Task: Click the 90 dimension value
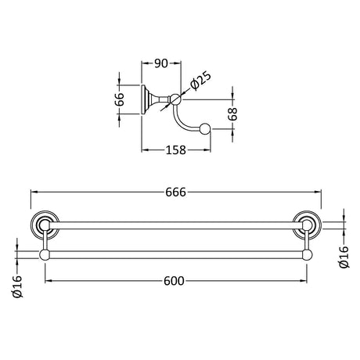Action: pyautogui.click(x=161, y=63)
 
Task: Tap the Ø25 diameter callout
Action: pyautogui.click(x=200, y=81)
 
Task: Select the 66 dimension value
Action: pyautogui.click(x=120, y=99)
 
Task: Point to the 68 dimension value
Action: pyautogui.click(x=232, y=114)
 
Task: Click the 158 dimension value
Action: pyautogui.click(x=176, y=150)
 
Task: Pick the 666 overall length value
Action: pyautogui.click(x=176, y=193)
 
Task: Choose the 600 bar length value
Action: pyautogui.click(x=174, y=281)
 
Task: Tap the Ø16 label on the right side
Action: pyautogui.click(x=344, y=257)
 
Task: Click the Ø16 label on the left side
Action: pyautogui.click(x=17, y=286)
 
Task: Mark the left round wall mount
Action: pyautogui.click(x=44, y=225)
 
